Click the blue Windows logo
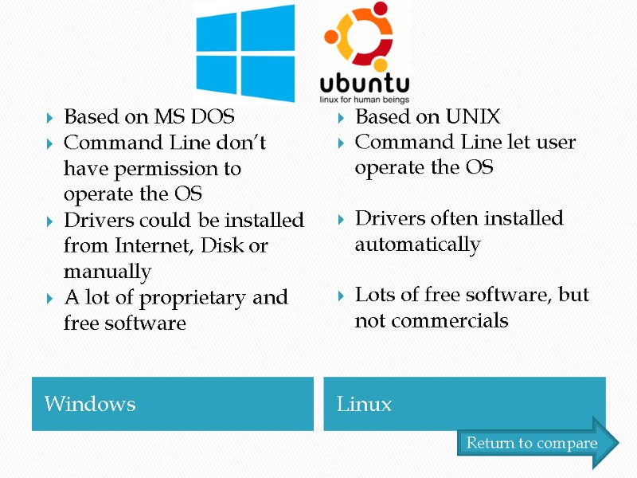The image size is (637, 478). (x=245, y=53)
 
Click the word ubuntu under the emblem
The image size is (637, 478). (x=365, y=84)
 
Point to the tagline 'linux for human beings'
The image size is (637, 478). (x=365, y=100)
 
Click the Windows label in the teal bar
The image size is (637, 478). (x=90, y=404)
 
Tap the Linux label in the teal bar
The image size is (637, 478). (x=365, y=404)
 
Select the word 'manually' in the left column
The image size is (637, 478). (x=107, y=272)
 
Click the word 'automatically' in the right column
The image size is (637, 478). (x=417, y=244)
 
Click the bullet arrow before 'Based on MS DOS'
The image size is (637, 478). (x=49, y=118)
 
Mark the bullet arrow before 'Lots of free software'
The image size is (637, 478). (x=341, y=296)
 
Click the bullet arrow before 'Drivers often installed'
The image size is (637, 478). (x=341, y=219)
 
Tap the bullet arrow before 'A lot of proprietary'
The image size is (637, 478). (x=49, y=298)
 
